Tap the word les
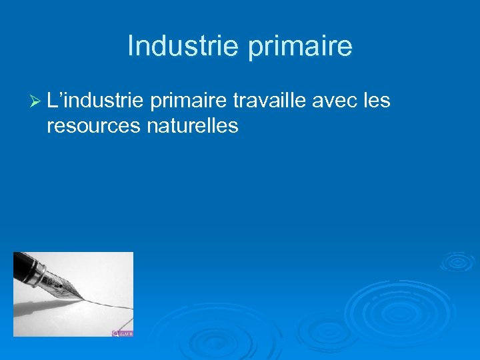click(375, 101)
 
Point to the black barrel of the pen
click(23, 260)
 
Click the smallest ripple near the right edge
click(457, 261)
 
